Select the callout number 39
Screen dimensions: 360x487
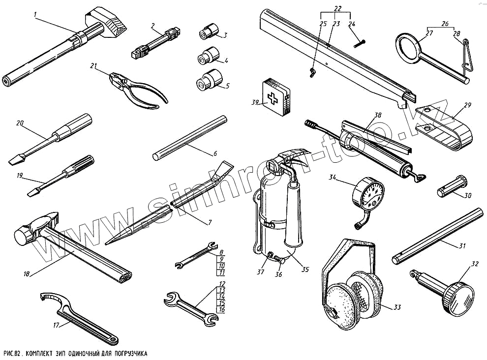tap(254, 103)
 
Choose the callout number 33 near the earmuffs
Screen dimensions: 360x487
tap(397, 308)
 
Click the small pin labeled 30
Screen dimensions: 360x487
tap(448, 188)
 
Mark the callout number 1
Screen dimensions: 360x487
tap(35, 14)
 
